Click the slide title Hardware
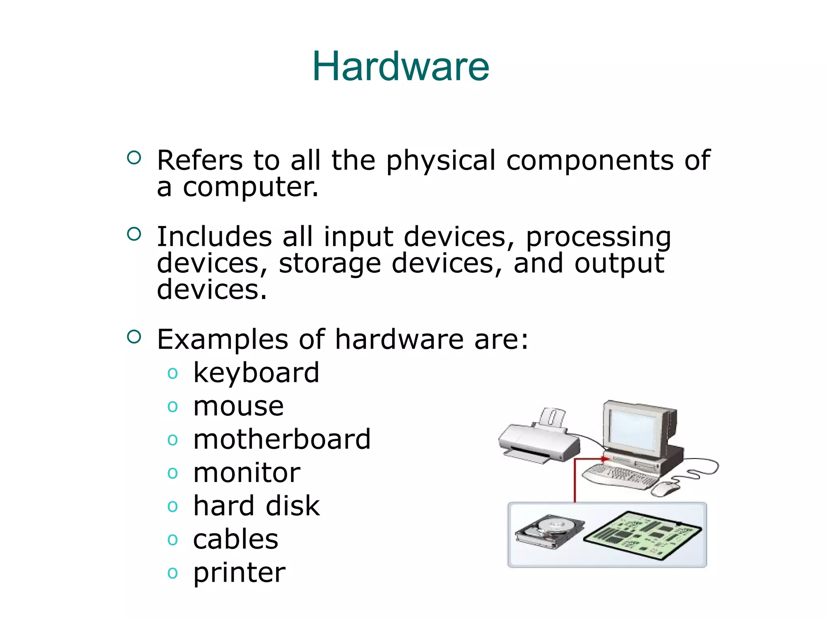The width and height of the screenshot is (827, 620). [x=401, y=67]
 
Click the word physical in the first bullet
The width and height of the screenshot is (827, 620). [x=441, y=161]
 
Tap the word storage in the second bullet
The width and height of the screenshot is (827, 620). [x=330, y=264]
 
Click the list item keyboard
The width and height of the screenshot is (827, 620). [x=256, y=373]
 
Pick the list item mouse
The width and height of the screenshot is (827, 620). [x=238, y=406]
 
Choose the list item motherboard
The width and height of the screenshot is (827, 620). [x=281, y=439]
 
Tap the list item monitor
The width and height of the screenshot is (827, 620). [x=246, y=473]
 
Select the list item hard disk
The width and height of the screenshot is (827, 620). [x=256, y=506]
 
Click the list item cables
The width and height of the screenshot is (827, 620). [x=235, y=539]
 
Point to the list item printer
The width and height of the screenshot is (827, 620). [x=239, y=573]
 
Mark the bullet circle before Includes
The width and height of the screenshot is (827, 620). [x=134, y=234]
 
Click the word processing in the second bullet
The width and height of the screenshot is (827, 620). [x=598, y=237]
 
